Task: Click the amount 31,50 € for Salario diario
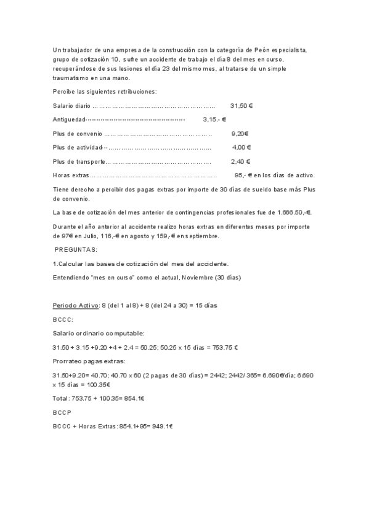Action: click(241, 106)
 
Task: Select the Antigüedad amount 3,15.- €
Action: click(214, 119)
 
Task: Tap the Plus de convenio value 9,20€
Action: click(240, 133)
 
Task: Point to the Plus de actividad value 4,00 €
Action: click(241, 147)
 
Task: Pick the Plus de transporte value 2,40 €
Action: click(240, 161)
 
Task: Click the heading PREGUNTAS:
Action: click(76, 249)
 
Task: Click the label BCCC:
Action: click(63, 319)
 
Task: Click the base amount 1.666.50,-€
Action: click(293, 212)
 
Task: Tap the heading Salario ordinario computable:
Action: click(98, 333)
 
